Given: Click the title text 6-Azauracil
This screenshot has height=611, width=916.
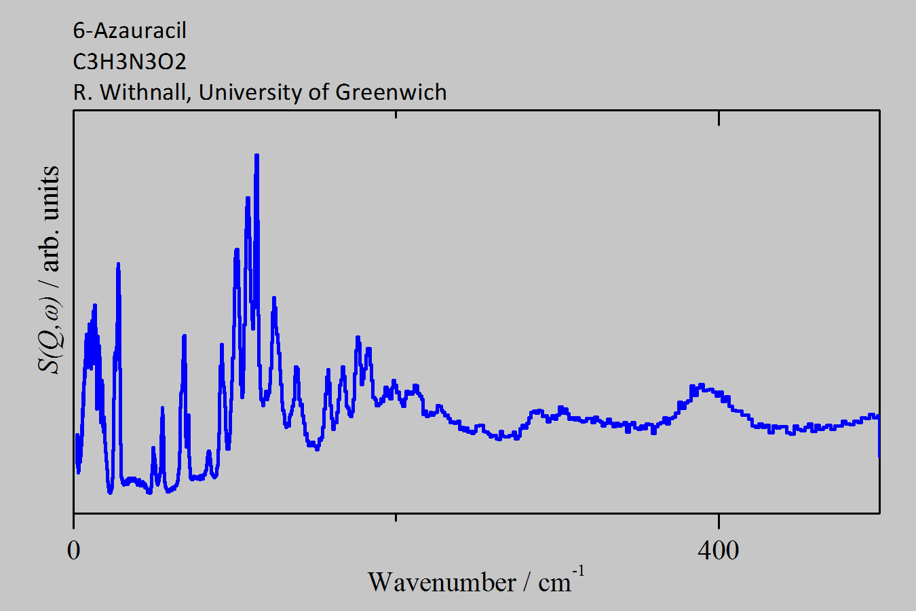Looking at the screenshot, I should click(x=129, y=31).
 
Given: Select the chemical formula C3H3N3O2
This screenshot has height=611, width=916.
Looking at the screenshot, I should click(x=129, y=62).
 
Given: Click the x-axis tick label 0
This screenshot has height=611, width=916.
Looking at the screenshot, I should click(x=74, y=551).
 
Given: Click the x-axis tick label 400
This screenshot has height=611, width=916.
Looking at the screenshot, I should click(x=718, y=551).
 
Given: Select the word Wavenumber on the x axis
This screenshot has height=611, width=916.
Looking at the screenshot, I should click(x=442, y=582).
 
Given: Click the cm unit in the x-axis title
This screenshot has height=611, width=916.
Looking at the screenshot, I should click(x=554, y=583).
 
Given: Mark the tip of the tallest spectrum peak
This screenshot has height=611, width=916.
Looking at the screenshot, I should click(x=256, y=155).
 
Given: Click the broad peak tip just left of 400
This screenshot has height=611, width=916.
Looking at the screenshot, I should click(x=702, y=385).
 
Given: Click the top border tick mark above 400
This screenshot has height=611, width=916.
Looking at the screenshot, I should click(x=719, y=117).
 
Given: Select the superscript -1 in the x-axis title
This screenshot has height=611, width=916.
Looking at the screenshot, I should click(x=578, y=571).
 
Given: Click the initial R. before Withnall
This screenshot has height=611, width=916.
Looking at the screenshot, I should click(x=81, y=92).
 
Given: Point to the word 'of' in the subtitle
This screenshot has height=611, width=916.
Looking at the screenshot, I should click(x=319, y=92).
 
